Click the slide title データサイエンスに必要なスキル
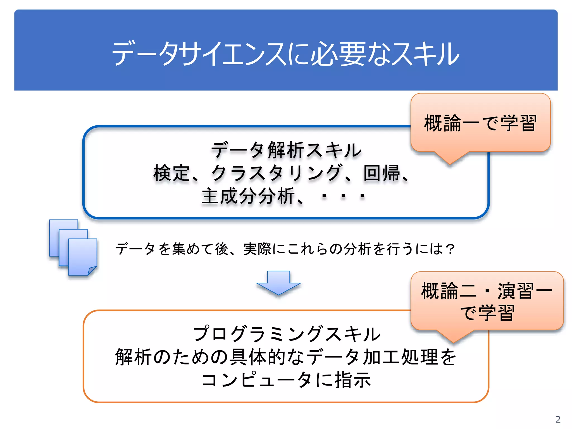coord(285,54)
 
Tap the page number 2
coord(558,419)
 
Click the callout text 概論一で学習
coord(480,123)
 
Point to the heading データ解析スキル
coord(286,150)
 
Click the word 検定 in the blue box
coord(171,173)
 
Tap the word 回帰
coord(382,173)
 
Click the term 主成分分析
coord(248,196)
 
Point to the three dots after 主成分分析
coord(343,196)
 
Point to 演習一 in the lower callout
coord(525,291)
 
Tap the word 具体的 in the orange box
coord(257,357)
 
